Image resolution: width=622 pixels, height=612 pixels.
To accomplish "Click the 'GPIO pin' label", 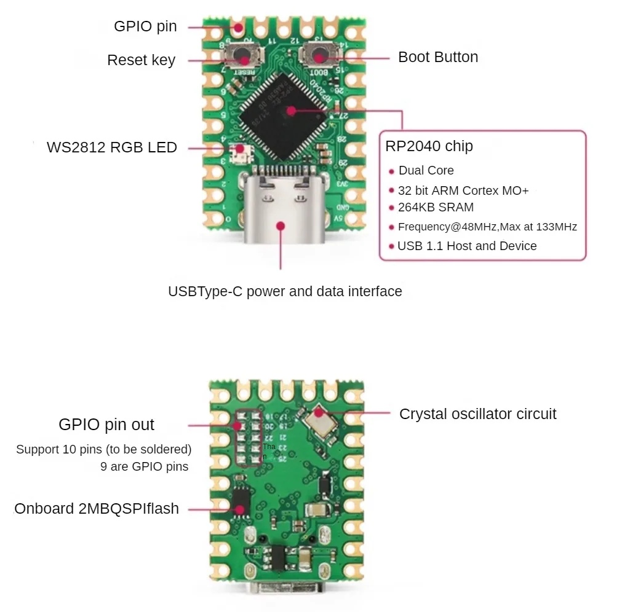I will click(x=145, y=26).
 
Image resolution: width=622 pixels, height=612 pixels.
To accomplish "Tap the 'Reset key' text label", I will click(x=141, y=60).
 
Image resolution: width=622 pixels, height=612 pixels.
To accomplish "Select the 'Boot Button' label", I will click(x=437, y=57).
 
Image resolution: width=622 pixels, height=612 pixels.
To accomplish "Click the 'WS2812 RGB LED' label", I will click(x=112, y=147).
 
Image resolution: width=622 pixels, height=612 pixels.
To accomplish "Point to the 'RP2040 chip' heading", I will click(x=429, y=146).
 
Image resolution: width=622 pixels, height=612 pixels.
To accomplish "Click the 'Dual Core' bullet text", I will click(x=426, y=170).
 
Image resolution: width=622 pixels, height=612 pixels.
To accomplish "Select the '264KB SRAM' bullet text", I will click(x=436, y=207).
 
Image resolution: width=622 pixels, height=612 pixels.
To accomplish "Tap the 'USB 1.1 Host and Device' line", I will click(x=467, y=246).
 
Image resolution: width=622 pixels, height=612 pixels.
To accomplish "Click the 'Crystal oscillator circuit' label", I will click(x=477, y=414).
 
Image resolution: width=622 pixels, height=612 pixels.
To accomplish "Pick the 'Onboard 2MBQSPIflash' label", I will click(x=97, y=509).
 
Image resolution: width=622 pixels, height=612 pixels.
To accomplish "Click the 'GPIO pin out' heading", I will click(x=106, y=425).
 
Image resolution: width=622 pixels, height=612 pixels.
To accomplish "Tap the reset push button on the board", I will click(x=244, y=58).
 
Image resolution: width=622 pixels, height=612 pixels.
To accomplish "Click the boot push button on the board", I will click(x=318, y=57).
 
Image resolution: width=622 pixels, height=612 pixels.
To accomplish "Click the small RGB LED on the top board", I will click(x=239, y=150).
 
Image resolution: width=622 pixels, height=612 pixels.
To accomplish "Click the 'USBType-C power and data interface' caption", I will click(x=285, y=291).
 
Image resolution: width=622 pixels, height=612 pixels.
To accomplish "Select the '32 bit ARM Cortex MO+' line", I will click(x=463, y=190).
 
